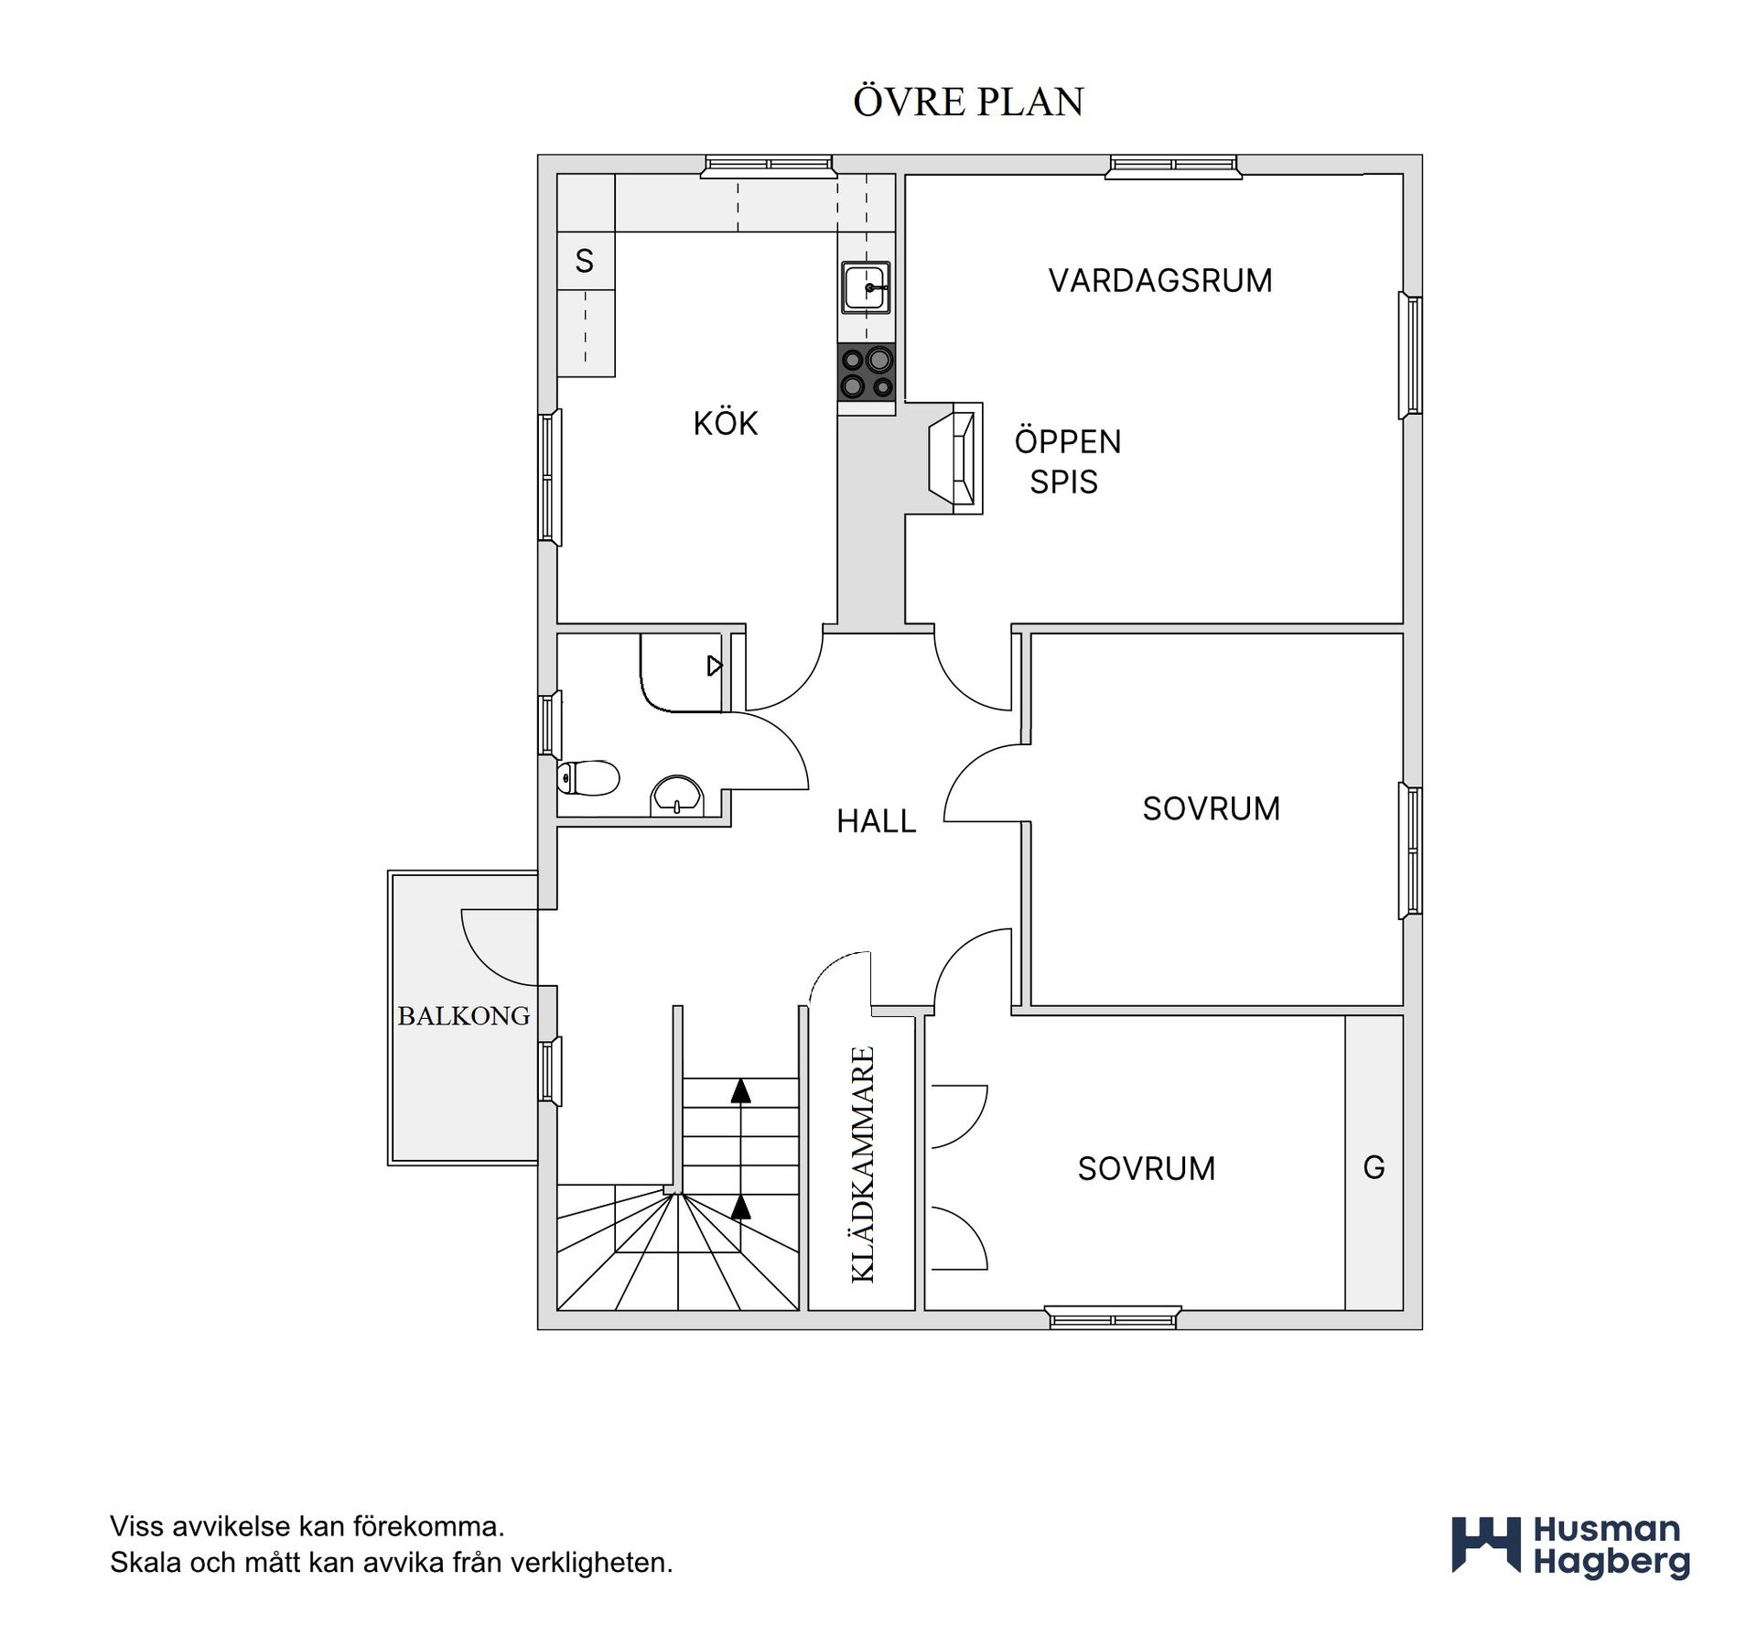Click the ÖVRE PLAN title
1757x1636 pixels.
pos(968,102)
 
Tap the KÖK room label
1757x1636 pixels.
pos(726,423)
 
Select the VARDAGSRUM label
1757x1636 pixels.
pos(1160,280)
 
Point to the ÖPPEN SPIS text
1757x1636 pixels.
pos(1067,461)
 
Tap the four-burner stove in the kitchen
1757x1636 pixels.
pos(866,373)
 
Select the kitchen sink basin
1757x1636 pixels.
pos(866,287)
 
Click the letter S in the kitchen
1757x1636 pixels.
pos(585,262)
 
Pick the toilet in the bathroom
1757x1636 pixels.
pos(588,778)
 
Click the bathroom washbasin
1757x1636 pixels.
pos(677,795)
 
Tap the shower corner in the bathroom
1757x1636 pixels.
pos(682,672)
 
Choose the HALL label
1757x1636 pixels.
pos(876,821)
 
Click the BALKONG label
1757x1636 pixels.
pos(464,1015)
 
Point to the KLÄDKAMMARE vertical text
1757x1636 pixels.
pos(863,1164)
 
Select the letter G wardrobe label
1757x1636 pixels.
pos(1374,1167)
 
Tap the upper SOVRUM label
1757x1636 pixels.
pos(1211,808)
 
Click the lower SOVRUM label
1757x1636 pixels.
pos(1146,1169)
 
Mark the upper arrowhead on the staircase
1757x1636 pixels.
pos(740,1089)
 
